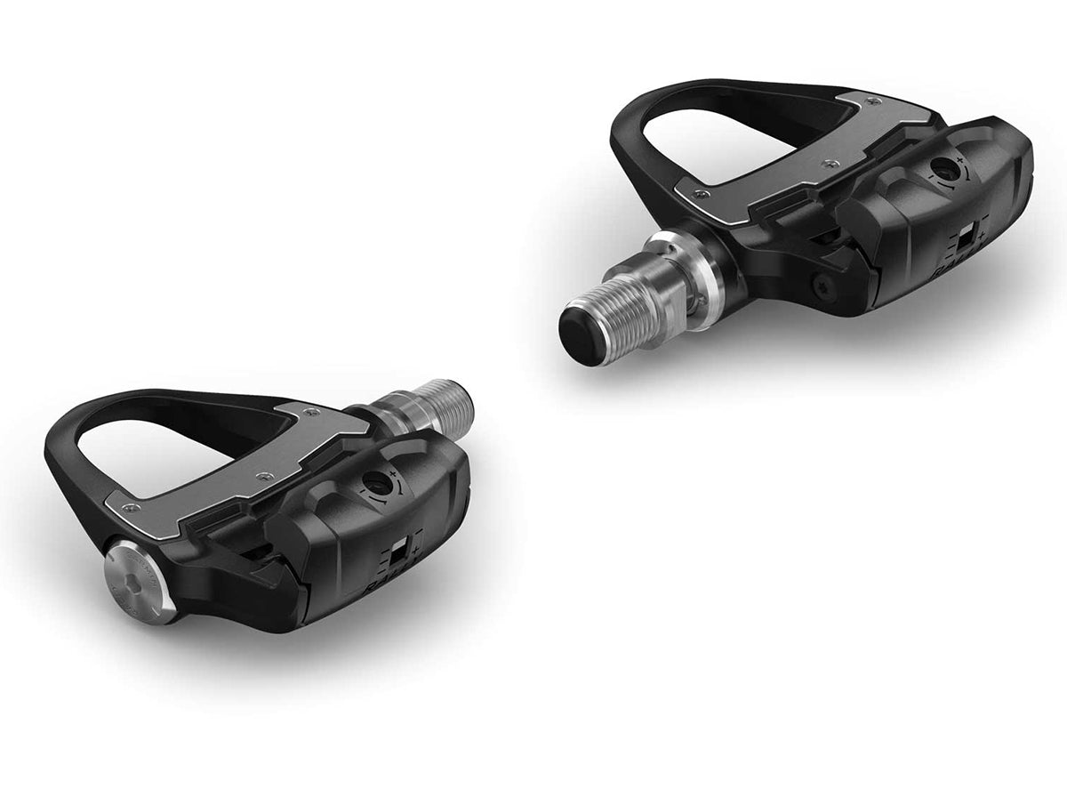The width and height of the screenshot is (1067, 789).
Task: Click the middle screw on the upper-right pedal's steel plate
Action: [x=830, y=164]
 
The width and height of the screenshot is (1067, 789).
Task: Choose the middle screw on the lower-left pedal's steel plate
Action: [x=261, y=476]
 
